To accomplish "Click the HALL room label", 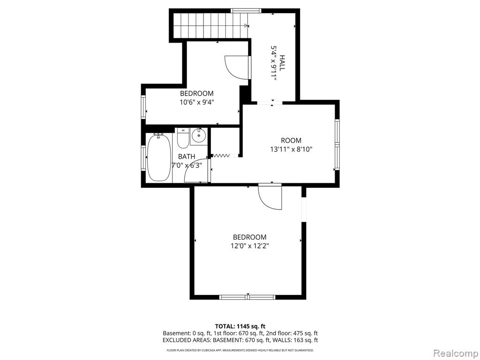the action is (282, 63).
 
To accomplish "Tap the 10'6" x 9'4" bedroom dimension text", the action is (196, 102).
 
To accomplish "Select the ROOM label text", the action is (291, 141).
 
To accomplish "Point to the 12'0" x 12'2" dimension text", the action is (250, 246).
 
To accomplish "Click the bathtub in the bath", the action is (159, 158).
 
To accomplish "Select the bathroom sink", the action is (199, 136).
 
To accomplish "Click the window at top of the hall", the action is (246, 11).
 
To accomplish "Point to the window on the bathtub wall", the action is (143, 157).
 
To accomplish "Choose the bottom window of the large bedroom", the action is (247, 297).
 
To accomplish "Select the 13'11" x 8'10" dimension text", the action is (291, 150).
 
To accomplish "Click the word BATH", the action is (187, 157).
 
